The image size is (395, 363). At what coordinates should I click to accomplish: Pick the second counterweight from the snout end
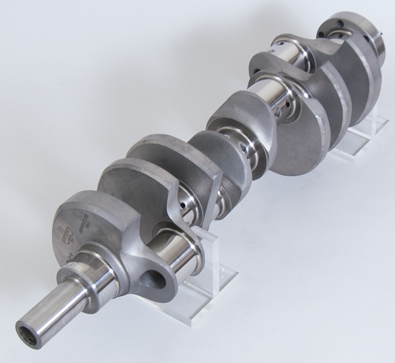click(x=132, y=185)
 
